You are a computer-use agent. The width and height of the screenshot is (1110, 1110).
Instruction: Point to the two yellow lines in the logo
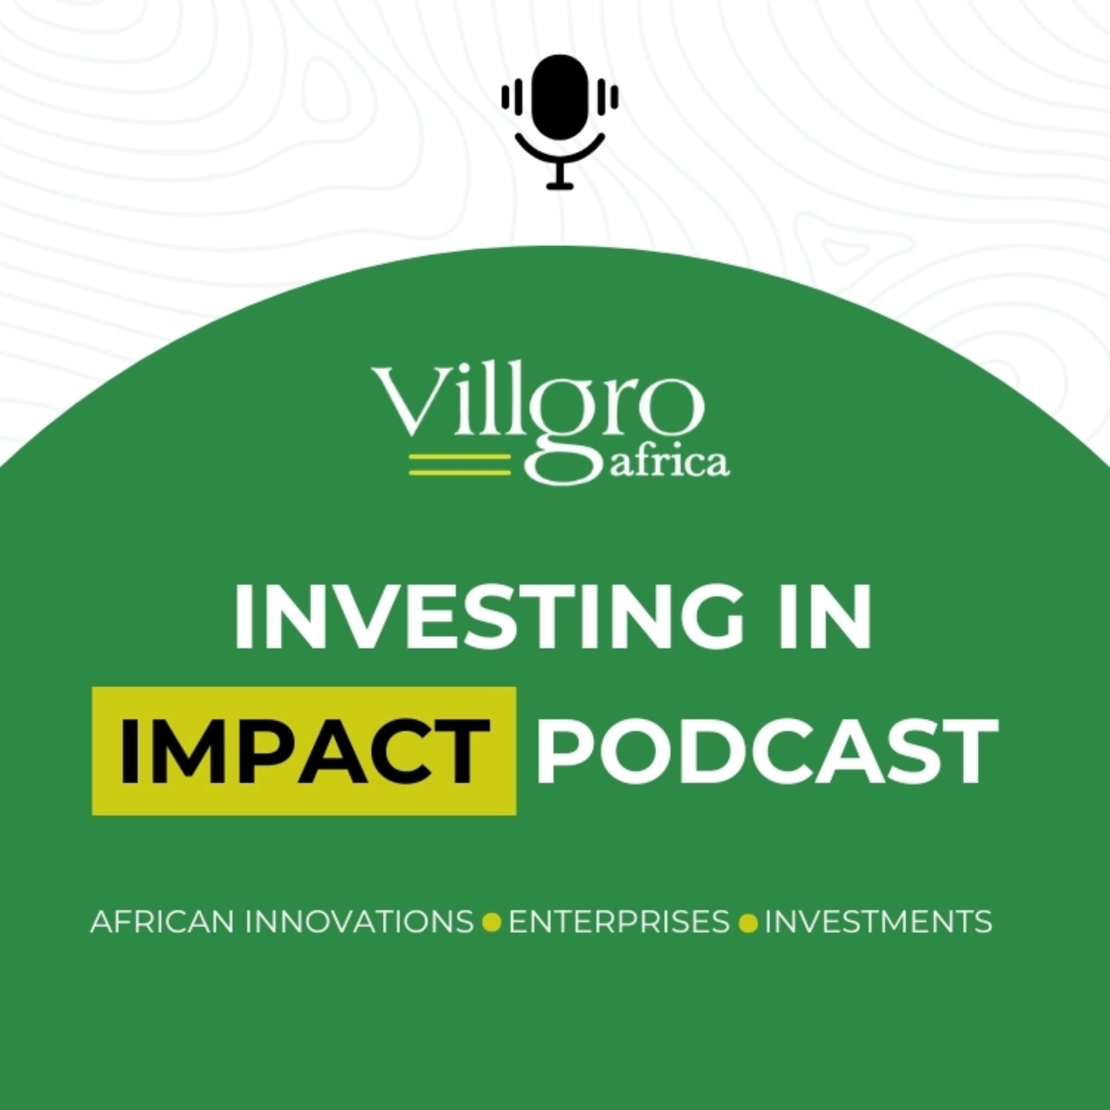[459, 465]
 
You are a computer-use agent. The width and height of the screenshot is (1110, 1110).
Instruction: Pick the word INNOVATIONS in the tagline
[359, 922]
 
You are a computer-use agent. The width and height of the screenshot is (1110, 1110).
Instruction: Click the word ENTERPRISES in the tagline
[619, 922]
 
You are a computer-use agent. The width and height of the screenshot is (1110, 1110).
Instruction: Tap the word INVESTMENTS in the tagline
[878, 922]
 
